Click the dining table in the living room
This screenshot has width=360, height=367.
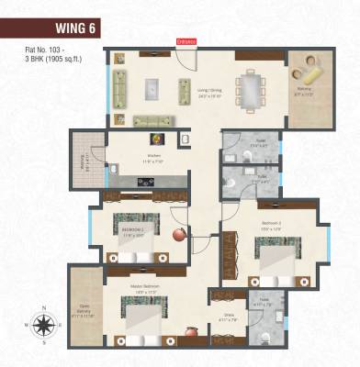click(x=250, y=91)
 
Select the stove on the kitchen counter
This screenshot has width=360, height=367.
click(x=145, y=181)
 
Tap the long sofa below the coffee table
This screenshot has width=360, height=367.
click(x=152, y=119)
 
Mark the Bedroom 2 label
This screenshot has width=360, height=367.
click(x=269, y=223)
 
